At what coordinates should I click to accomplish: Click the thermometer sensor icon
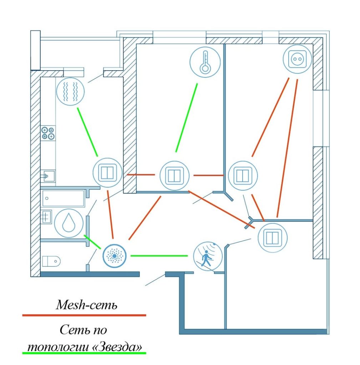click(x=204, y=62)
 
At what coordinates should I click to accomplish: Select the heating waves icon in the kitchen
click(x=70, y=92)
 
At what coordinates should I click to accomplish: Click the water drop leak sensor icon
click(x=68, y=223)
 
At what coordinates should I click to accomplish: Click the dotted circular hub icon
click(x=115, y=255)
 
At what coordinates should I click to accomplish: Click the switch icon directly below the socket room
click(x=243, y=175)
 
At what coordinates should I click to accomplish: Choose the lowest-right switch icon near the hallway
click(x=273, y=237)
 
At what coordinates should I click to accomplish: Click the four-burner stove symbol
click(x=48, y=133)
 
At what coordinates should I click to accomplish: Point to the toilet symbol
click(x=51, y=261)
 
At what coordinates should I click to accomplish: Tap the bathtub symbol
click(x=63, y=198)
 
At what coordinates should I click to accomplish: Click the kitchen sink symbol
click(x=47, y=176)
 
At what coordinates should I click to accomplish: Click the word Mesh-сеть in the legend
click(x=87, y=305)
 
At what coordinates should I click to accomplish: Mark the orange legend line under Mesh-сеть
click(x=84, y=315)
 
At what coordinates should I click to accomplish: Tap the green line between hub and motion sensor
click(x=159, y=256)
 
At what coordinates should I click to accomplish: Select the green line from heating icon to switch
click(x=87, y=132)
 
